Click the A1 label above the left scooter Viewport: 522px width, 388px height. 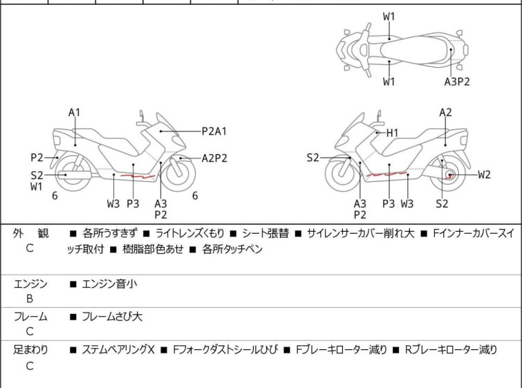pos(74,112)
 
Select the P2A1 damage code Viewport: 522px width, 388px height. pos(214,130)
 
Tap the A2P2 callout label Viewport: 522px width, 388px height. pos(214,158)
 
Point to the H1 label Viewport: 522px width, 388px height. pos(392,132)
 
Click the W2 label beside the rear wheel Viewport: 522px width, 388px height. pos(484,174)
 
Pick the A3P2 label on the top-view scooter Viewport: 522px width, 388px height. pos(457,82)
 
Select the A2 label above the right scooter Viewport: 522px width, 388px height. pos(446,112)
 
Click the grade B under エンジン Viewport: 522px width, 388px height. pos(30,299)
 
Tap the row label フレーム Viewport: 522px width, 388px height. pos(30,317)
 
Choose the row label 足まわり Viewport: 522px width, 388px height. pos(31,350)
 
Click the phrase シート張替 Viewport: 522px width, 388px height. pos(265,234)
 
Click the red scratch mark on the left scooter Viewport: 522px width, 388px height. pos(136,177)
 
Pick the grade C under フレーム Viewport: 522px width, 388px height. pos(30,332)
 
